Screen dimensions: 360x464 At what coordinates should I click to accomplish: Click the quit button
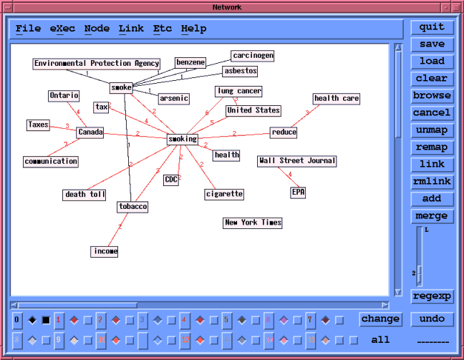pos(432,27)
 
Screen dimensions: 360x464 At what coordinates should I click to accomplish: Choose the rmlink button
pos(432,182)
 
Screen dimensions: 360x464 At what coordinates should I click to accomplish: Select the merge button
pos(432,216)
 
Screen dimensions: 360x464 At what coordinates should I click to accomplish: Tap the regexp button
pos(432,296)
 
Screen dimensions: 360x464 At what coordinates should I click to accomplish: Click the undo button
pos(432,319)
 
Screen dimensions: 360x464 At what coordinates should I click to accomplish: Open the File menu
pos(29,29)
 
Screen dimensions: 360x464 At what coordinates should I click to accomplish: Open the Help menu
pos(193,29)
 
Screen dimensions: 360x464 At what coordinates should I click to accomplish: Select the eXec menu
pos(62,29)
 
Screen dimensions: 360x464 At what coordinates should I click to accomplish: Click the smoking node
pos(182,139)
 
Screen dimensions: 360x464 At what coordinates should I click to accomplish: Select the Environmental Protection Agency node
pos(97,64)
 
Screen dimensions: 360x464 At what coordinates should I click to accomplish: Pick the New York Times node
pos(253,223)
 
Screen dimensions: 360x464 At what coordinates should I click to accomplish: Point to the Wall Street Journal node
pos(297,161)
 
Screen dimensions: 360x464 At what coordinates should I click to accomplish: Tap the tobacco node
pos(132,207)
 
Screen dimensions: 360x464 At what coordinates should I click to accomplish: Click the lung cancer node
pos(238,92)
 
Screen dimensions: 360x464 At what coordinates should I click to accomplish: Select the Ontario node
pos(64,96)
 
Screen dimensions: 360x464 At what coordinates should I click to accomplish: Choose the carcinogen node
pos(253,56)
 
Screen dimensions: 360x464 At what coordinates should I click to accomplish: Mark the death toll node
pos(85,194)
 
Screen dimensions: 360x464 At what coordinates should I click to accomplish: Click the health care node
pos(336,99)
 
